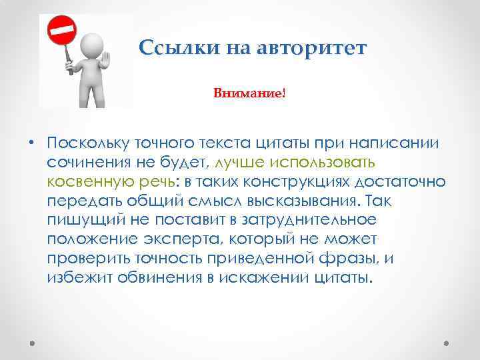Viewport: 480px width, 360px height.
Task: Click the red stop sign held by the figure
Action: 61,30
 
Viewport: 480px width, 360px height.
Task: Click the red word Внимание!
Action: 249,93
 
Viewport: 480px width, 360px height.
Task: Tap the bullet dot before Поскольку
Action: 31,143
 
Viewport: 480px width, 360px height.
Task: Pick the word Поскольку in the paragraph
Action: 85,143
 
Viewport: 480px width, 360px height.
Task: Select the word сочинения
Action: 85,162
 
